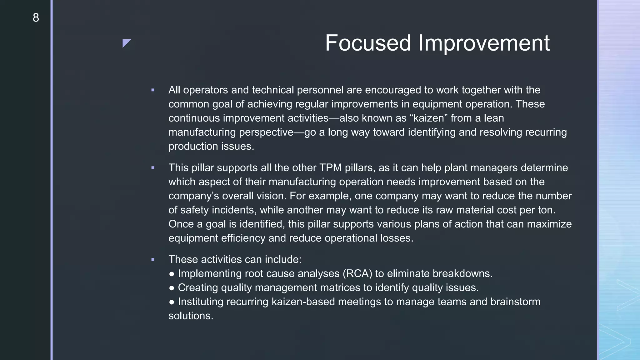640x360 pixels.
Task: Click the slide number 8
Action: point(36,18)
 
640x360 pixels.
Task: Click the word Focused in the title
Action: point(368,43)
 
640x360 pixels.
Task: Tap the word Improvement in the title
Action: point(484,43)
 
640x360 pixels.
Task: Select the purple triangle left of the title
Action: point(126,43)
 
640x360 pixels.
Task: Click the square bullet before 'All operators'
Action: point(153,90)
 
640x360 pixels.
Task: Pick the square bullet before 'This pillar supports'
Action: point(153,168)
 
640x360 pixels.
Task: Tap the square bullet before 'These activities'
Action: point(153,260)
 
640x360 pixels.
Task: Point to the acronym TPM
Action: point(330,168)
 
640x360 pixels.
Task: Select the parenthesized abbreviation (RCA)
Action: point(357,273)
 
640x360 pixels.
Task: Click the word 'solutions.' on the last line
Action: point(191,316)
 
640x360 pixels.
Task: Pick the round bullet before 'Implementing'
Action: point(172,274)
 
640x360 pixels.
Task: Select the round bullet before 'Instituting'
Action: point(172,302)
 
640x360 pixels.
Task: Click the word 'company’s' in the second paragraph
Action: point(194,196)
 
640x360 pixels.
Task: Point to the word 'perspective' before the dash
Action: point(266,132)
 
